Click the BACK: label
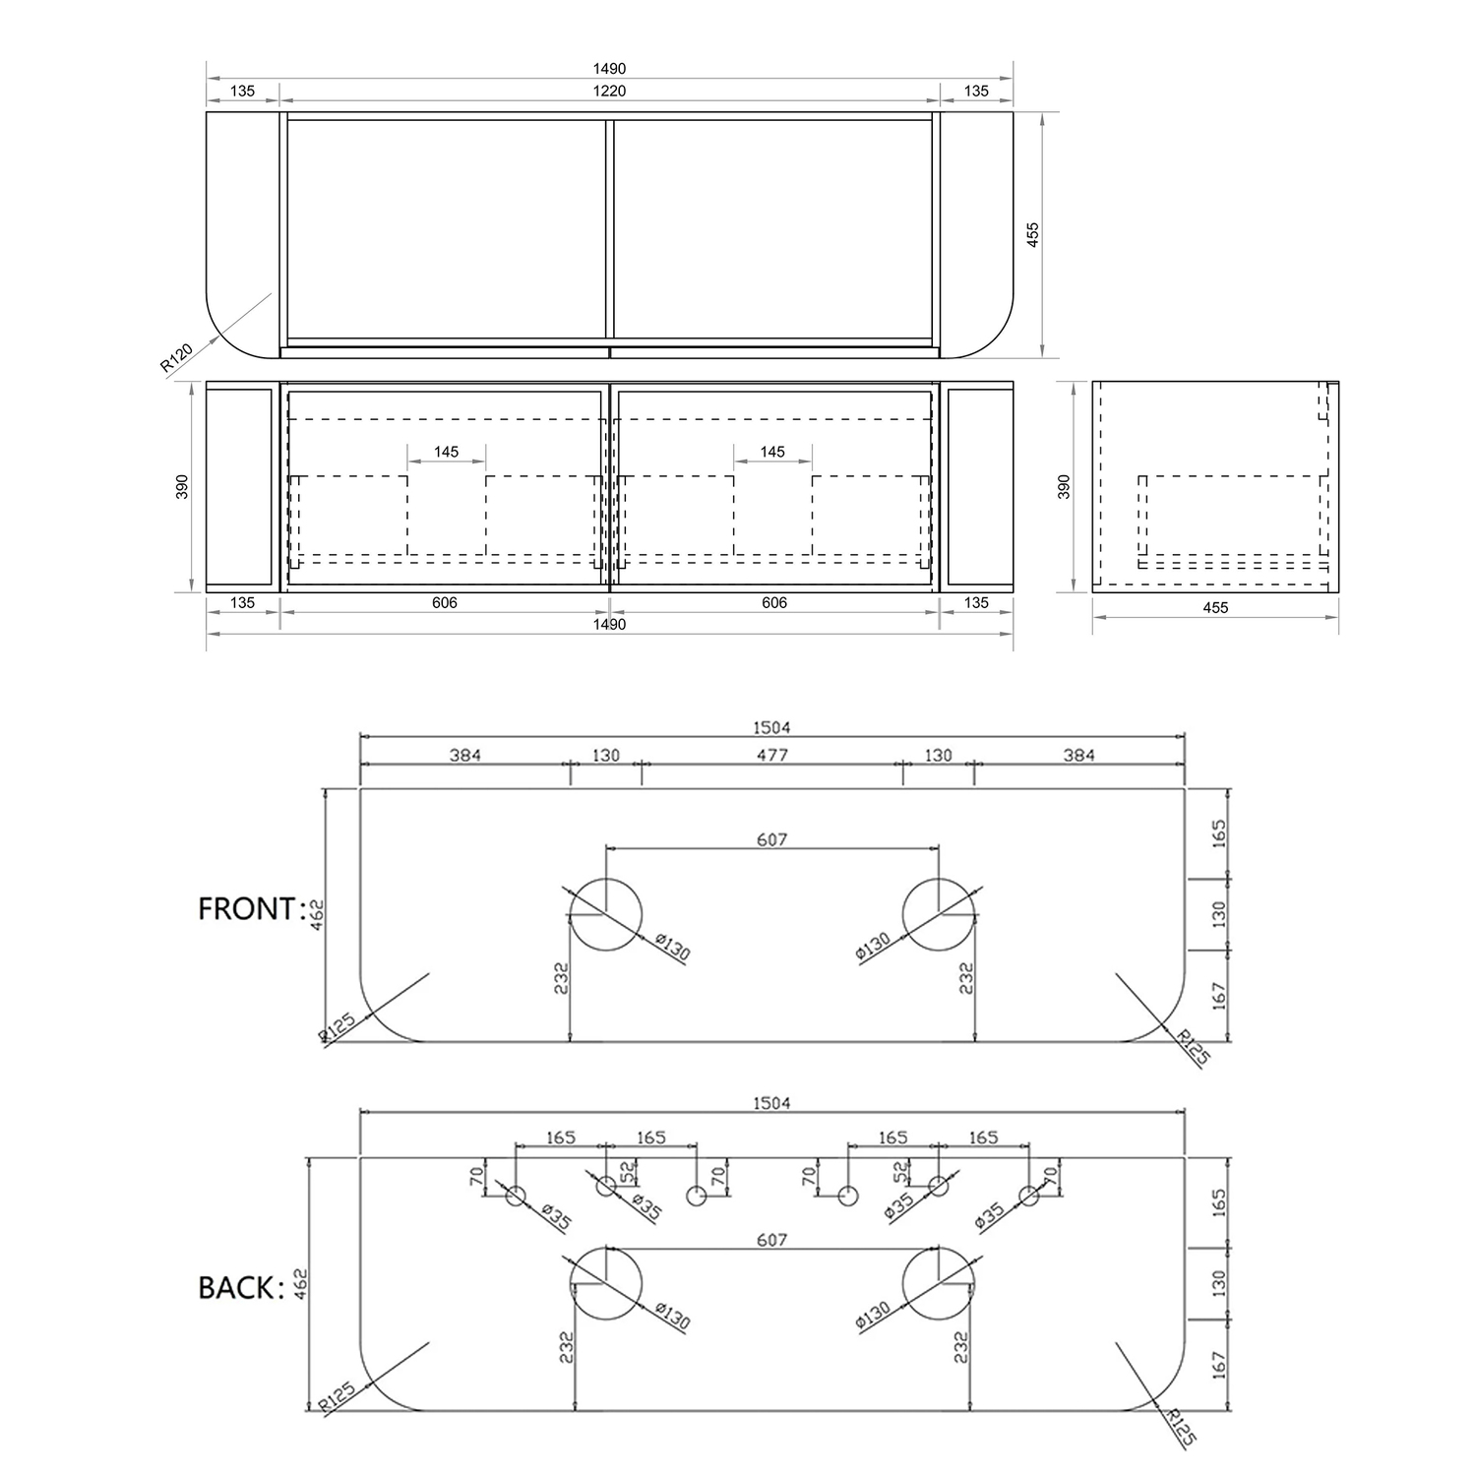(241, 1287)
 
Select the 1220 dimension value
(609, 92)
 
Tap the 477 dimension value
(772, 756)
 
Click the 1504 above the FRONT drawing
(771, 728)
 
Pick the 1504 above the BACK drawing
(771, 1103)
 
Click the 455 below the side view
(1215, 608)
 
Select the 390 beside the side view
(1064, 487)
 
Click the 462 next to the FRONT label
(316, 914)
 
